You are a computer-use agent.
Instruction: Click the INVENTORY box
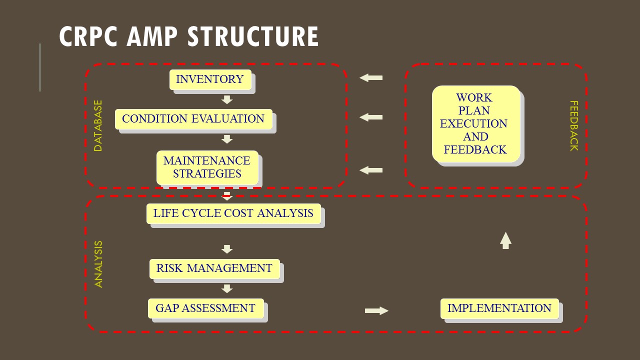(210, 79)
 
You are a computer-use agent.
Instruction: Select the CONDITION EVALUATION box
(193, 119)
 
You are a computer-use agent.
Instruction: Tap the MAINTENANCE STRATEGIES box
(207, 167)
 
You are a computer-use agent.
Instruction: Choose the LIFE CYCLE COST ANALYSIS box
(233, 213)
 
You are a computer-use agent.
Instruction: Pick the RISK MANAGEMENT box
(214, 268)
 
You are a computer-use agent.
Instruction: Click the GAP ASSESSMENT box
(205, 308)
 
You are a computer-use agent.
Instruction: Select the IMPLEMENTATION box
(499, 308)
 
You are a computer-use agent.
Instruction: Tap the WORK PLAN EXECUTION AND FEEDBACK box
(476, 123)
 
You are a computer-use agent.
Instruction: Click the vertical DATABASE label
(98, 125)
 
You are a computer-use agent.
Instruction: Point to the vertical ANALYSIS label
(98, 264)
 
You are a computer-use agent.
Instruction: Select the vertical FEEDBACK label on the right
(574, 125)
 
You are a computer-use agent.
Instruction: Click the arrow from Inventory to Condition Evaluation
(227, 99)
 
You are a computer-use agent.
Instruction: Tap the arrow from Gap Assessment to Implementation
(376, 310)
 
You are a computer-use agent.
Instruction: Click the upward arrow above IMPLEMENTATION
(505, 240)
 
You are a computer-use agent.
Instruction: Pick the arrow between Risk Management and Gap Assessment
(227, 289)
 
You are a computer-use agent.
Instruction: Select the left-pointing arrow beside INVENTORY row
(371, 77)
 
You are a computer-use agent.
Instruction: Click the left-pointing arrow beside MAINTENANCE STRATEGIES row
(371, 170)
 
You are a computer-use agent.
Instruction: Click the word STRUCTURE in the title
(253, 36)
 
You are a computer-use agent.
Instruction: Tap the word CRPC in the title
(88, 36)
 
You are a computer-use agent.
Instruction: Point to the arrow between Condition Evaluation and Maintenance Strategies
(227, 139)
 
